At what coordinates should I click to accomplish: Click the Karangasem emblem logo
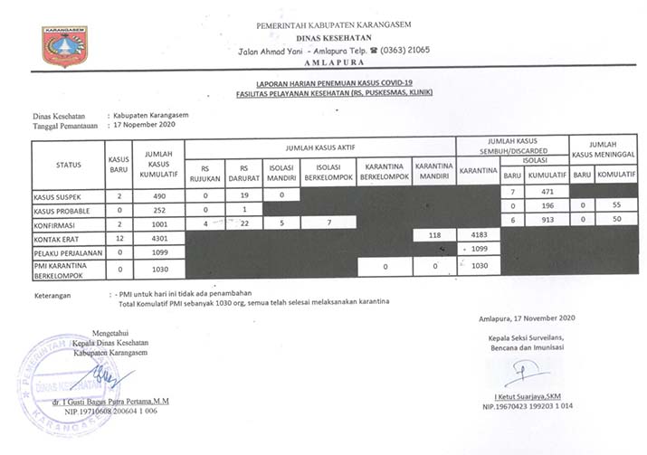[x=66, y=45]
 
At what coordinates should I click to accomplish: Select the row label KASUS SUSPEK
[x=56, y=195]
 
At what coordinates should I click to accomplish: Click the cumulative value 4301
[x=157, y=237]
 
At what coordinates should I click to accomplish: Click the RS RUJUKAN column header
[x=210, y=173]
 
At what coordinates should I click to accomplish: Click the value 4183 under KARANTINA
[x=479, y=235]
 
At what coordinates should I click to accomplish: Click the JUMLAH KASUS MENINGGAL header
[x=604, y=149]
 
